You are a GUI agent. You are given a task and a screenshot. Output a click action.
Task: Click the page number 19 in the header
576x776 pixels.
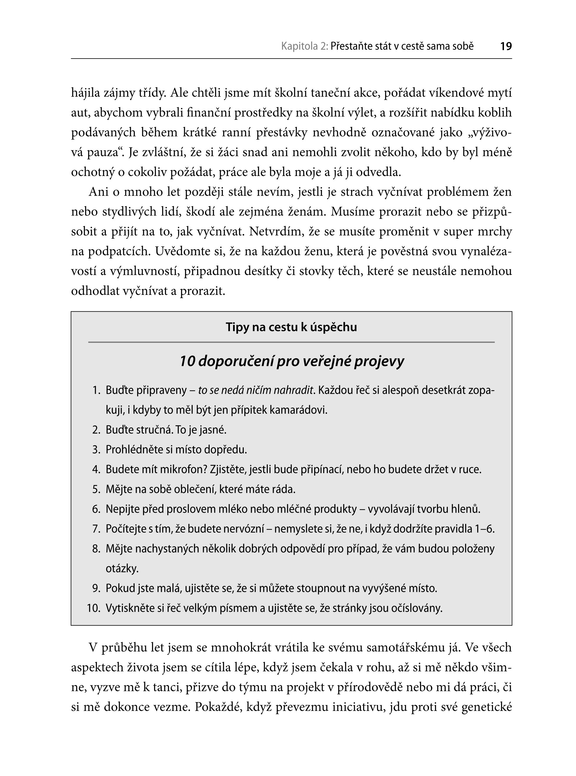(x=505, y=46)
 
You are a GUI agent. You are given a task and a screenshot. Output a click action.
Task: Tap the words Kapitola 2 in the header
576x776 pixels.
(x=304, y=46)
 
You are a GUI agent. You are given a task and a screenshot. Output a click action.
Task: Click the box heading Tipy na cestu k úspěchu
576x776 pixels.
(x=291, y=327)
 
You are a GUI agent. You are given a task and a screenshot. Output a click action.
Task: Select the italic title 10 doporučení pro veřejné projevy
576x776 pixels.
(x=291, y=361)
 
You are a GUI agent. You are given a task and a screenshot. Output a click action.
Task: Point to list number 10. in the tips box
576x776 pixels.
(x=94, y=609)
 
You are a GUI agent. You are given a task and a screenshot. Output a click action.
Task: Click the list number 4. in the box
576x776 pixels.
(x=96, y=470)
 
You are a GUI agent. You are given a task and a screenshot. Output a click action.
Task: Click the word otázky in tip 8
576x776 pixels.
(x=122, y=569)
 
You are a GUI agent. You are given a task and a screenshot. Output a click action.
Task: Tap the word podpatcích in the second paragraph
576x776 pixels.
(x=119, y=252)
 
